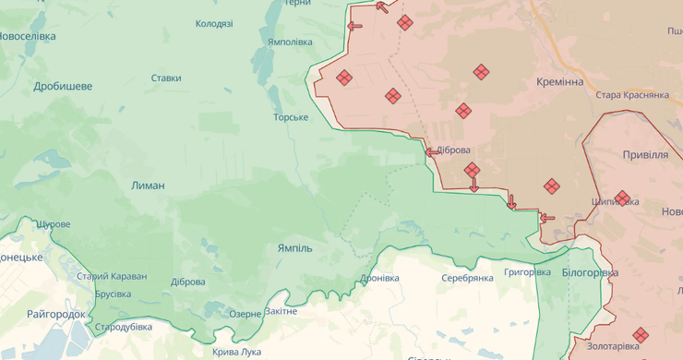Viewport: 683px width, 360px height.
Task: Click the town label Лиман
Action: (x=148, y=186)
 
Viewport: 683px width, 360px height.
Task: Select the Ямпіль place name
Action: (x=295, y=249)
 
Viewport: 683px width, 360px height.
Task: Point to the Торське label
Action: (x=290, y=117)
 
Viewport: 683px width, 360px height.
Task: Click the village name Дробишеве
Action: (x=63, y=86)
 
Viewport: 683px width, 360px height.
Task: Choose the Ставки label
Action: (x=166, y=78)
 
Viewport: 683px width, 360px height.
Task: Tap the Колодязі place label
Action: (x=214, y=24)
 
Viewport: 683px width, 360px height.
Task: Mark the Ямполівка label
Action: (x=290, y=42)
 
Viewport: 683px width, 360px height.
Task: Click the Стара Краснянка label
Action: (x=632, y=95)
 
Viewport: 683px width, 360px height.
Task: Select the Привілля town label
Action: (x=645, y=154)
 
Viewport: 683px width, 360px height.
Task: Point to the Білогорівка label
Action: (x=591, y=273)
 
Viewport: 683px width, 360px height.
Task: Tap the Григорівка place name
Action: (x=528, y=273)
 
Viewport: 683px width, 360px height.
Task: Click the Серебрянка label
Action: (x=467, y=278)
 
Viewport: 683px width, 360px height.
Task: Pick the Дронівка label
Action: (x=379, y=278)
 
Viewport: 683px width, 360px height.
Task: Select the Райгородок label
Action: (x=56, y=315)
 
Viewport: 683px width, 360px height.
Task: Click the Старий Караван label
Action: (x=111, y=276)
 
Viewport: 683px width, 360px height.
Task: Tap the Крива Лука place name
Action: (x=236, y=352)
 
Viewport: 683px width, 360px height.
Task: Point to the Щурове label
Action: (x=52, y=224)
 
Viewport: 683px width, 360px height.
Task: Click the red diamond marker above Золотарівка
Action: (x=640, y=334)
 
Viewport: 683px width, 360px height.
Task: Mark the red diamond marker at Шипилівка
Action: (x=622, y=198)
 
